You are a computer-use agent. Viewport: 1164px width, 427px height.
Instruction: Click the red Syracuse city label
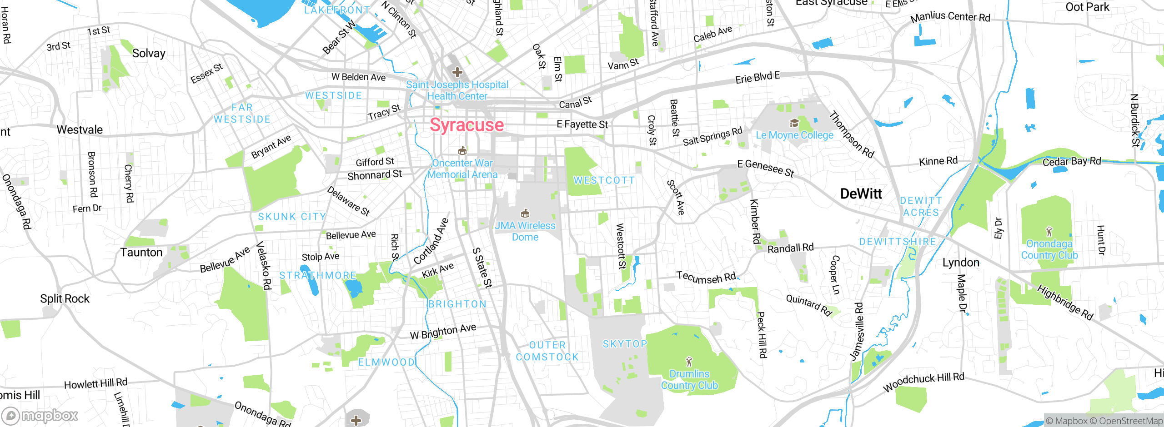click(467, 125)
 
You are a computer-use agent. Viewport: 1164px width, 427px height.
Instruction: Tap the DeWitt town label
click(861, 194)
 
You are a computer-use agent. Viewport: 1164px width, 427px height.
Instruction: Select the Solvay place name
click(149, 53)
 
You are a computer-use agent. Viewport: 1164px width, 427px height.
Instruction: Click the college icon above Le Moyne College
click(794, 123)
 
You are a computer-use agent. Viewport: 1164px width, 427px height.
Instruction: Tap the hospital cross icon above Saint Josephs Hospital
click(457, 72)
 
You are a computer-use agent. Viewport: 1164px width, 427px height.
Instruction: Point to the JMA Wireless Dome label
click(525, 231)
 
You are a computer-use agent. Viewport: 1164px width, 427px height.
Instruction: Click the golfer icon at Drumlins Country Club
click(689, 362)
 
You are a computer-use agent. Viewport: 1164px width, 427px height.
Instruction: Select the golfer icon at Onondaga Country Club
click(1049, 232)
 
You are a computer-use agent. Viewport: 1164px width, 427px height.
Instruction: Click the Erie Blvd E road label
click(758, 78)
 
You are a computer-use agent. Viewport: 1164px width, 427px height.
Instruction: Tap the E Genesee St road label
click(766, 168)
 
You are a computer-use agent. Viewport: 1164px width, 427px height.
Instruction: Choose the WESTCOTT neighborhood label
click(604, 180)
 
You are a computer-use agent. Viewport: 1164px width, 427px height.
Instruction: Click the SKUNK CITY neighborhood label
click(292, 217)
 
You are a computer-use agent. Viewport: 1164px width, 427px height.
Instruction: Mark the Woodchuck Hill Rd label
click(923, 382)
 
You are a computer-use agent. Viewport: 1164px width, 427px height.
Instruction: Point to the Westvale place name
click(80, 130)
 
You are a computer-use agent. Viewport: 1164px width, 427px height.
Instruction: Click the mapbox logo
click(40, 415)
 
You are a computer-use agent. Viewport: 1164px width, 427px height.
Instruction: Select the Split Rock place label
click(65, 299)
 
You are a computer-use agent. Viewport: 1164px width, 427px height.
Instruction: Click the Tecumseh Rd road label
click(706, 278)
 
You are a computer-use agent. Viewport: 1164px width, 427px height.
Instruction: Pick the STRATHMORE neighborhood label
click(317, 275)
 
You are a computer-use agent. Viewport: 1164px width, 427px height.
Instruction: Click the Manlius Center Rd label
click(950, 17)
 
